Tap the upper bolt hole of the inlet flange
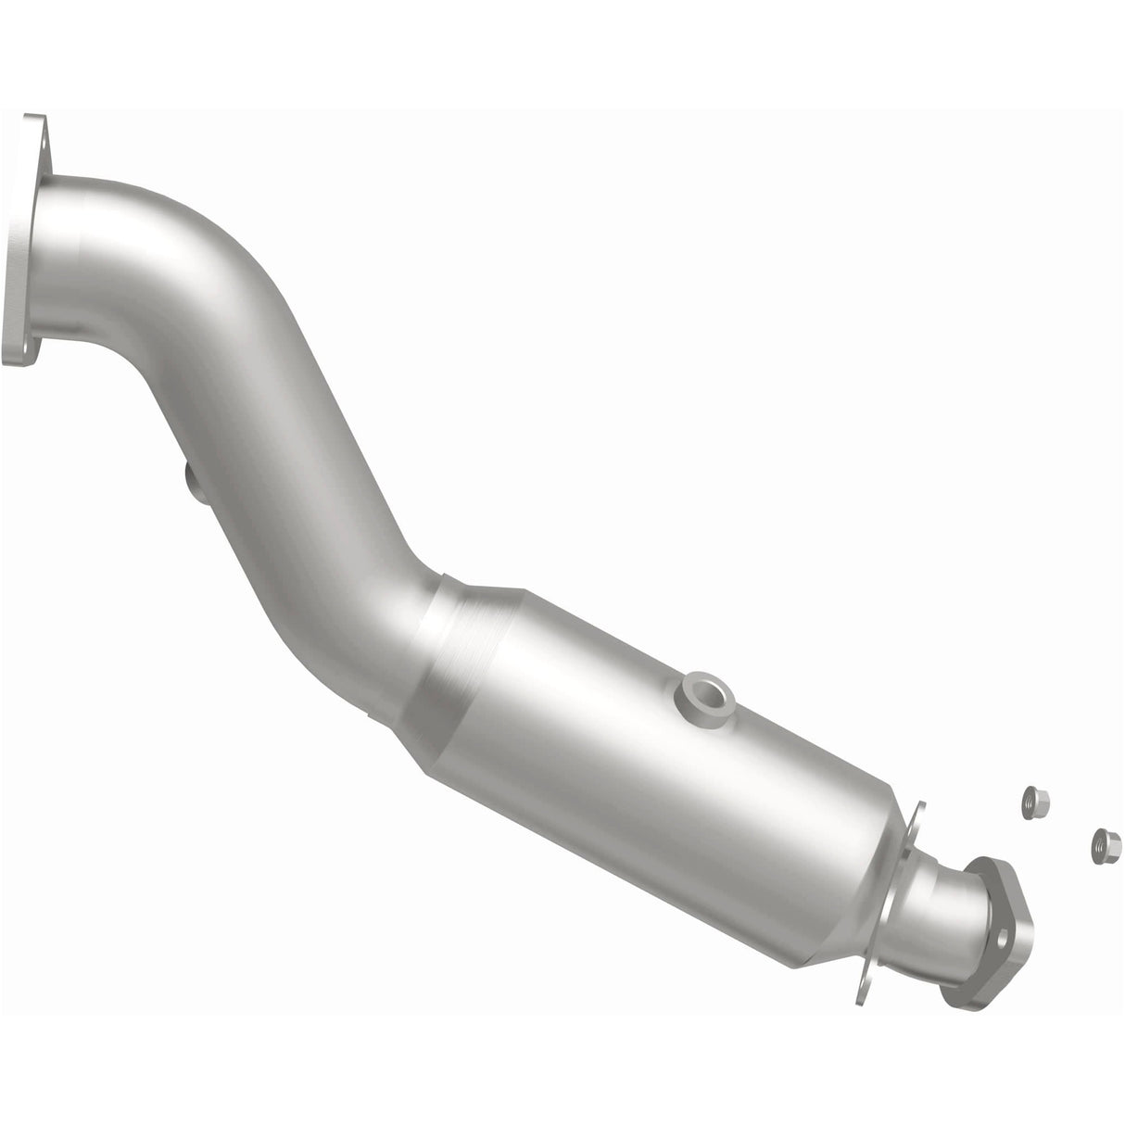[35, 130]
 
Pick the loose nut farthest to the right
[1101, 842]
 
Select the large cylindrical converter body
[649, 741]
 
